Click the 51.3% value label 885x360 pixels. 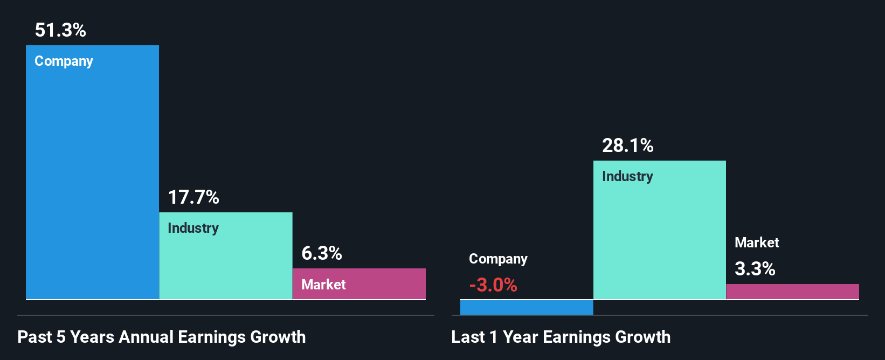click(60, 30)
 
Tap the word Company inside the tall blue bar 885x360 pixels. click(64, 61)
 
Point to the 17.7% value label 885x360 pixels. click(193, 197)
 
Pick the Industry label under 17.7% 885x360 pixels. click(193, 228)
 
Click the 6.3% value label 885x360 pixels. click(322, 253)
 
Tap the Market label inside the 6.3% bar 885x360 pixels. click(323, 285)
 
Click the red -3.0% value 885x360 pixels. click(493, 285)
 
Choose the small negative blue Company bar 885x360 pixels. click(526, 307)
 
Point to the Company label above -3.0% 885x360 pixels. click(498, 259)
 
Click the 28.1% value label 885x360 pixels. click(627, 146)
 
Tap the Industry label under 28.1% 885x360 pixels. click(627, 177)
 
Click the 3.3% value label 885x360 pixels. click(755, 269)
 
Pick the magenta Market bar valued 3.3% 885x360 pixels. click(792, 292)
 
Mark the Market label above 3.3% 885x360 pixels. click(757, 243)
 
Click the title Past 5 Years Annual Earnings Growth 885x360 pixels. click(162, 337)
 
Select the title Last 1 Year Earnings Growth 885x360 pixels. click(561, 337)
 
